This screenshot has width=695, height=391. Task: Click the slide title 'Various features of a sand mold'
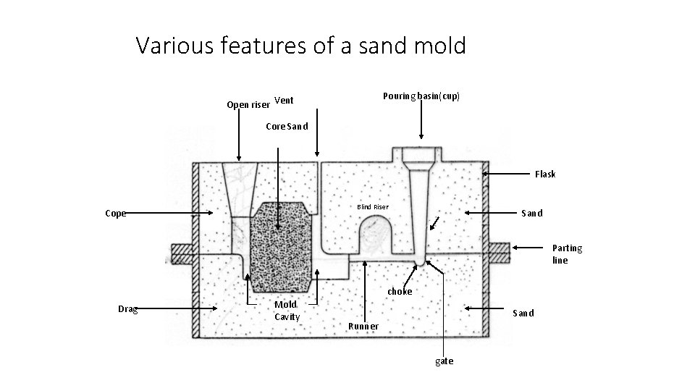tap(300, 46)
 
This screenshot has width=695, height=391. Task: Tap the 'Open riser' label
tap(248, 105)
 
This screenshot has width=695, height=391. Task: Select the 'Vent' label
tap(284, 100)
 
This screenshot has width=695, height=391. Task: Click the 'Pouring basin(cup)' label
tap(421, 96)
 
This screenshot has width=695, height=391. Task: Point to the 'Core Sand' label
tap(287, 126)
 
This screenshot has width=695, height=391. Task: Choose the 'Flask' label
tap(545, 174)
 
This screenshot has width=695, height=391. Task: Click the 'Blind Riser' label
tap(372, 207)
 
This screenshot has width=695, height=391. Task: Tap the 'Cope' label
tap(115, 214)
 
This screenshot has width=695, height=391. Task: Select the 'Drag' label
tap(127, 309)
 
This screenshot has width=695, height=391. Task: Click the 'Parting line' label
tap(567, 254)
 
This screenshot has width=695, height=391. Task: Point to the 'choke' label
tap(400, 292)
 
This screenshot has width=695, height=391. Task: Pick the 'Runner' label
tap(363, 326)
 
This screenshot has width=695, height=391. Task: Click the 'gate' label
tap(444, 361)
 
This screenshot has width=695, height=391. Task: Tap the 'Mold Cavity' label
tap(287, 311)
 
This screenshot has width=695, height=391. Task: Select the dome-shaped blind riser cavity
tap(376, 231)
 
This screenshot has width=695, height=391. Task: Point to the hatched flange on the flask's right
tap(499, 253)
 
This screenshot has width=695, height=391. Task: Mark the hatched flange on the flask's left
tap(181, 253)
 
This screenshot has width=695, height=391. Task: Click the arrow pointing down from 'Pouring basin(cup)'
tap(421, 119)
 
